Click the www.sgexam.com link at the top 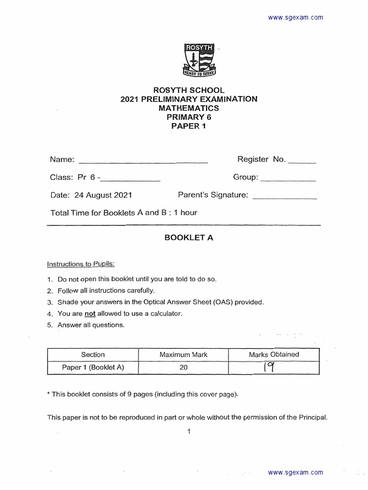295,18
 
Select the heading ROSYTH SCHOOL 188,90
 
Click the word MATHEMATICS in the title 188,108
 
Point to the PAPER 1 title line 188,126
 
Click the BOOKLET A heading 188,238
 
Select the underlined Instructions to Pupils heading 80,264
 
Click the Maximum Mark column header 183,355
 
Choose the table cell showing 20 183,367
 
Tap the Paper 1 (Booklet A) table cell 92,367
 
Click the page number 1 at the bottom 189,432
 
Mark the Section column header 92,355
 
